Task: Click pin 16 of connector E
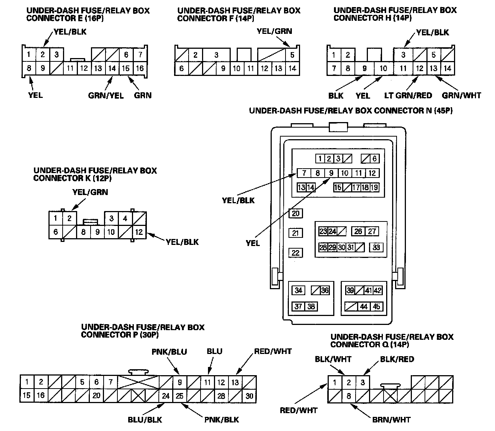(140, 68)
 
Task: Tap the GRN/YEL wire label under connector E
(106, 95)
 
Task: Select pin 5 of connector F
(292, 55)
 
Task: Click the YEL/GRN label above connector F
(274, 31)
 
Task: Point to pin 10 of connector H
(383, 68)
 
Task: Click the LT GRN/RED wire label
(408, 96)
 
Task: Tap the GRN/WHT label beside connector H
(461, 96)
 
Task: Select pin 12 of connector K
(139, 232)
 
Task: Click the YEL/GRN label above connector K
(90, 192)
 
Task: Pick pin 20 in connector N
(296, 213)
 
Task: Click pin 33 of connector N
(376, 248)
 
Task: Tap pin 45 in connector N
(376, 306)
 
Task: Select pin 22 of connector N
(296, 253)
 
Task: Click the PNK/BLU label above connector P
(169, 352)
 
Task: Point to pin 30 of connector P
(249, 396)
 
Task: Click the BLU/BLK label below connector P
(145, 419)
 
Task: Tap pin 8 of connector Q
(349, 396)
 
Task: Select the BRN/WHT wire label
(391, 420)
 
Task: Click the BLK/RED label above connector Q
(397, 359)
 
